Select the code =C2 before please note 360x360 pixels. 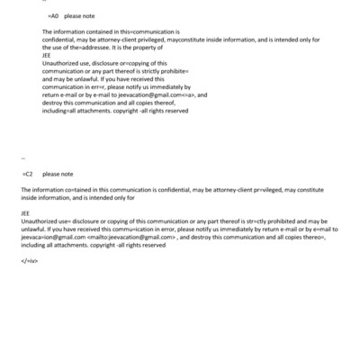click(28, 174)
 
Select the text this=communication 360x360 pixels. click(122, 31)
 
